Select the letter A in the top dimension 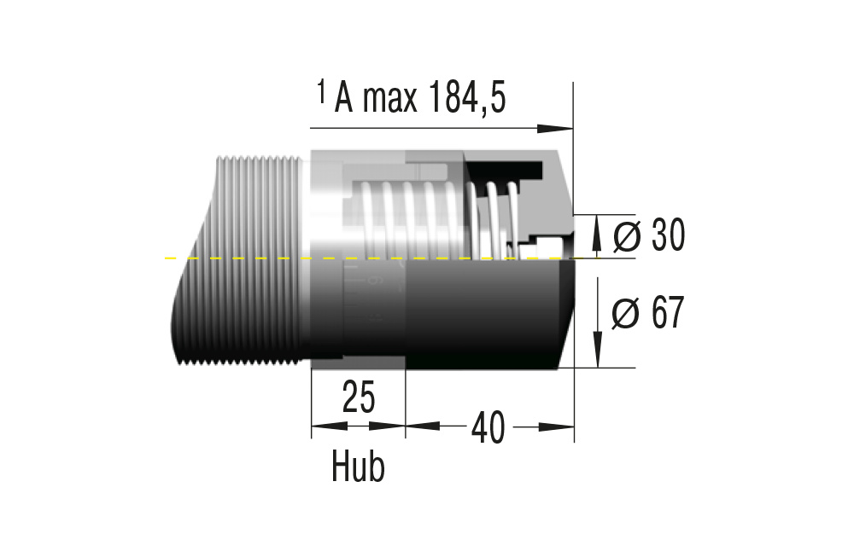click(344, 100)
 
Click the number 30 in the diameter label click(667, 236)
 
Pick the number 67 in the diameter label click(667, 314)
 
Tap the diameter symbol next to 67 click(626, 314)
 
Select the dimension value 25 click(359, 397)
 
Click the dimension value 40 click(487, 426)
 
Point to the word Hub click(358, 467)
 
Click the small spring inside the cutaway click(496, 213)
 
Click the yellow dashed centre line click(256, 257)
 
